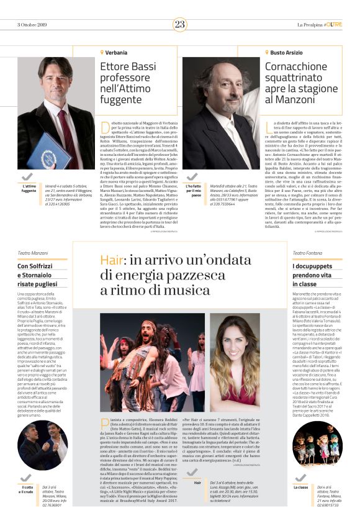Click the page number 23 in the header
pyautogui.click(x=180, y=24)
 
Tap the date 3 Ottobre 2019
pyautogui.click(x=33, y=25)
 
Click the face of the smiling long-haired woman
pyautogui.click(x=235, y=336)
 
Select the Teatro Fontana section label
pyautogui.click(x=307, y=253)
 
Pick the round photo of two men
pyautogui.click(x=42, y=445)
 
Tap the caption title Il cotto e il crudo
pyautogui.click(x=26, y=491)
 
